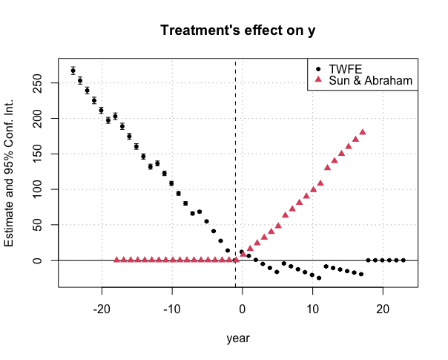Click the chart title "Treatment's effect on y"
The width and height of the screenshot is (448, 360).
point(238,30)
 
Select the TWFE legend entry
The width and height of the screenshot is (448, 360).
point(339,69)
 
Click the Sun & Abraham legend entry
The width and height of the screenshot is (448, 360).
point(363,80)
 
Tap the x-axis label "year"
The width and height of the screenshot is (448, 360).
point(238,338)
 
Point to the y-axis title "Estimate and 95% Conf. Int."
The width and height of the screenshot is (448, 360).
point(9,173)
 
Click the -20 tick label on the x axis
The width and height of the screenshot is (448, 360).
point(102,309)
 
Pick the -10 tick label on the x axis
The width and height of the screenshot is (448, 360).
point(172,309)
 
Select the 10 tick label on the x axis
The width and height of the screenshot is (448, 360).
point(312,309)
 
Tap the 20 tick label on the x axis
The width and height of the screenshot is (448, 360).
point(383,309)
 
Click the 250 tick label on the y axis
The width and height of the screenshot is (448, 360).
point(37,83)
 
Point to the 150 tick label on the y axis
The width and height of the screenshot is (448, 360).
point(37,154)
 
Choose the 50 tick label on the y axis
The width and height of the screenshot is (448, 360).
point(37,225)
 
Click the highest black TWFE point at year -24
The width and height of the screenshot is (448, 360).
point(73,71)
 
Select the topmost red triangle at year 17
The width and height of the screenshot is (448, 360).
point(363,132)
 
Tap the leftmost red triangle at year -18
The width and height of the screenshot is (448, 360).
point(116,260)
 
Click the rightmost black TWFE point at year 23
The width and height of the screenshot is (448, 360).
point(403,261)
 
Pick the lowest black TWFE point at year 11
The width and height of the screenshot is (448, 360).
point(319,278)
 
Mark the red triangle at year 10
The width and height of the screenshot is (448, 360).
point(314,189)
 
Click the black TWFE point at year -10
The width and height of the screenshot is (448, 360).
point(171,183)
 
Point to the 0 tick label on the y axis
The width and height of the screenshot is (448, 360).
point(37,261)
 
